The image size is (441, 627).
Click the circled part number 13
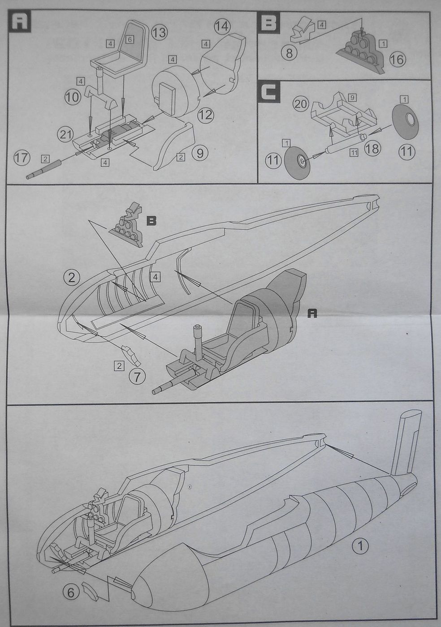tap(159, 32)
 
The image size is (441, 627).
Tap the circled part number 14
tap(221, 26)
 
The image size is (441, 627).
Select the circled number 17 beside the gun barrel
tap(22, 158)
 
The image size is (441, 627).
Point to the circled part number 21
tap(65, 133)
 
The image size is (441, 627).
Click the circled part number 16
tap(397, 59)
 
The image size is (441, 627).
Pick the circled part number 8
tap(290, 53)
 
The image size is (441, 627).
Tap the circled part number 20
tap(301, 103)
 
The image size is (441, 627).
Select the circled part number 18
tap(372, 149)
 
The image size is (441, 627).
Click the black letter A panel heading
tap(20, 21)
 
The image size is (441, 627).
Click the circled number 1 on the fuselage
tap(360, 546)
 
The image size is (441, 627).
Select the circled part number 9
tap(199, 154)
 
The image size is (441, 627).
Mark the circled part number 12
tap(206, 115)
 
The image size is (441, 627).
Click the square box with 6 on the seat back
tap(130, 39)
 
